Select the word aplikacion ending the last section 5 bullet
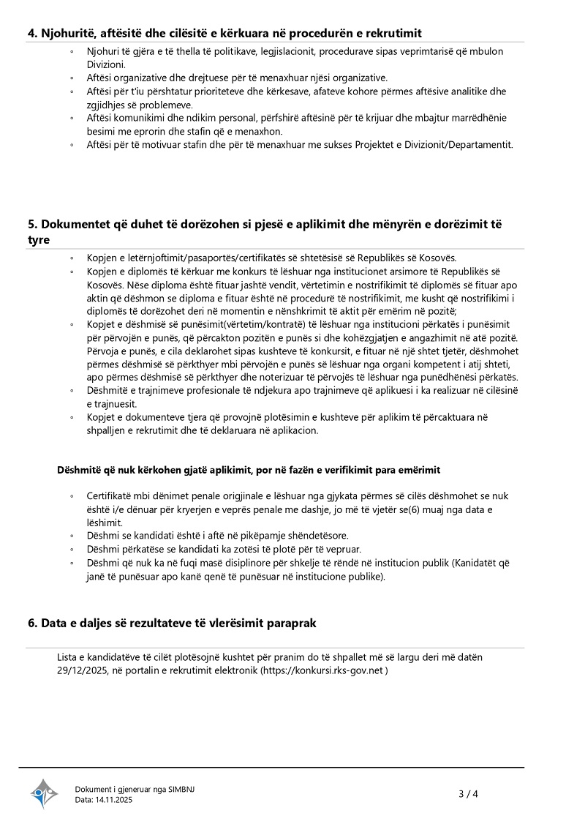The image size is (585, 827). tap(292, 430)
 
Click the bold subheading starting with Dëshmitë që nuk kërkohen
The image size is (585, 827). tap(249, 469)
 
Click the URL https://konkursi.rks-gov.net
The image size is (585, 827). tap(322, 670)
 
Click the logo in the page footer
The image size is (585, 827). tap(43, 793)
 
